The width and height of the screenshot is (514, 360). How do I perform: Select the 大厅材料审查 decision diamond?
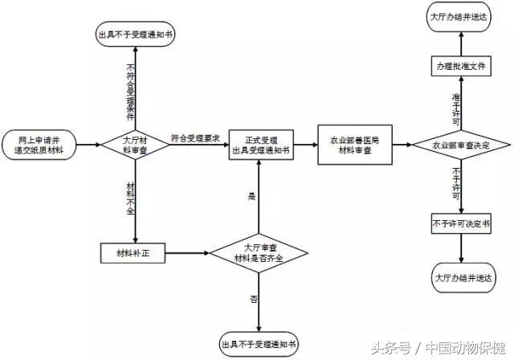tap(134, 145)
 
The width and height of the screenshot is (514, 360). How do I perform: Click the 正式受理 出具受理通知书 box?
tap(259, 145)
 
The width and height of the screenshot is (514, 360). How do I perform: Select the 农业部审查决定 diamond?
tap(460, 145)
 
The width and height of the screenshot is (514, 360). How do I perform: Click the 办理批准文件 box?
tap(460, 66)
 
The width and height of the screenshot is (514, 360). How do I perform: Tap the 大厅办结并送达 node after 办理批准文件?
tap(460, 16)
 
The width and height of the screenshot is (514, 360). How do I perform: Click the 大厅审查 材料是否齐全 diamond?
tap(259, 254)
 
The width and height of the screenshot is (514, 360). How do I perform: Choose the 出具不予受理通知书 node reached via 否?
tap(259, 344)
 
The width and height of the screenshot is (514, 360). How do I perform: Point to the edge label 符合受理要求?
tap(195, 137)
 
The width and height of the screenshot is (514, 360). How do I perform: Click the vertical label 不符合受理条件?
tap(130, 88)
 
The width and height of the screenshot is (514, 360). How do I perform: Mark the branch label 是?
tap(251, 195)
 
